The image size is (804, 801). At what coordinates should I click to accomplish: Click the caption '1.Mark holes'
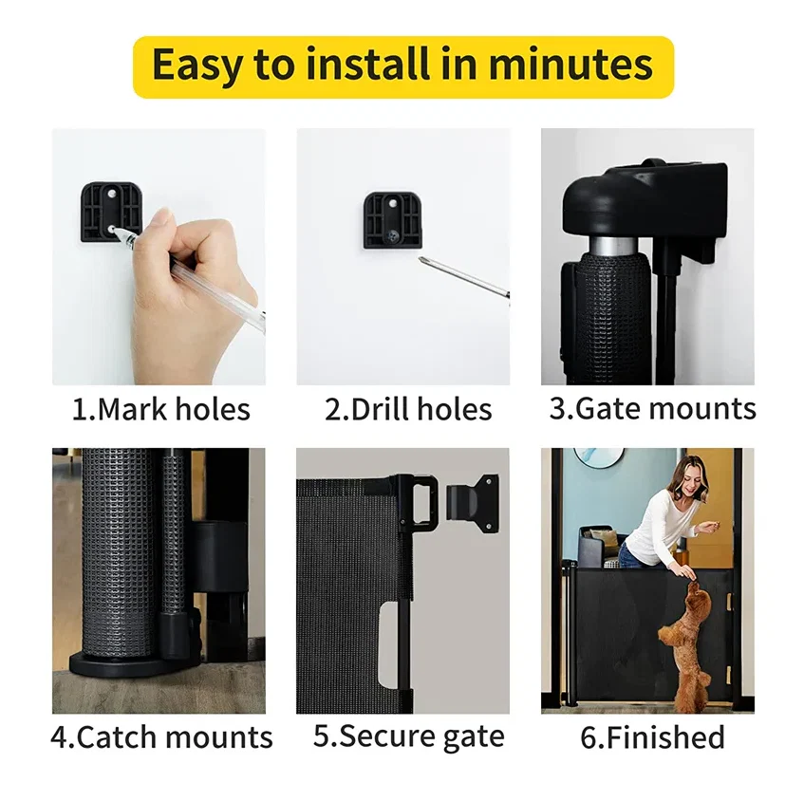click(x=161, y=409)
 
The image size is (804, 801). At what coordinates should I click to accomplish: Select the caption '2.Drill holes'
click(x=408, y=409)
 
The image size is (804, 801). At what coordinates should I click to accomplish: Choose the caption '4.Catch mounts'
click(x=161, y=737)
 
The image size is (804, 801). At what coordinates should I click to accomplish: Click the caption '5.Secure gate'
click(x=408, y=736)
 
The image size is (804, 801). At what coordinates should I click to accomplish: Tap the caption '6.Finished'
click(x=652, y=737)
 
